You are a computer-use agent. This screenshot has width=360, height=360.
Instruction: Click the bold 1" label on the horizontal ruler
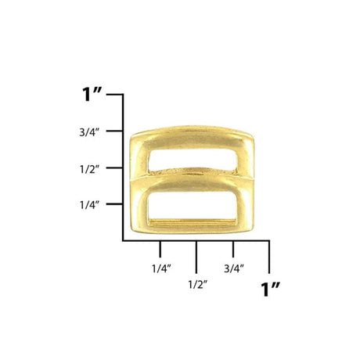[270, 289]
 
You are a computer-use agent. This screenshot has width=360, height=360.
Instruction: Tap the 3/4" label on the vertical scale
[90, 132]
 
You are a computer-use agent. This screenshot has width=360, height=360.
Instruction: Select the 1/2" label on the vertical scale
[90, 169]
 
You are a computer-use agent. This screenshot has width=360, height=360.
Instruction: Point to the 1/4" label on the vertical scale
[90, 205]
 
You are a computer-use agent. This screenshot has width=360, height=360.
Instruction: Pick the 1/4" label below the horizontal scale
[161, 268]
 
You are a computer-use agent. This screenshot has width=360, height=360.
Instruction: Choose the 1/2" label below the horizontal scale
[198, 284]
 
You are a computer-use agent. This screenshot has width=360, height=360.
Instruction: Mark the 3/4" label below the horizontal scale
[234, 268]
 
